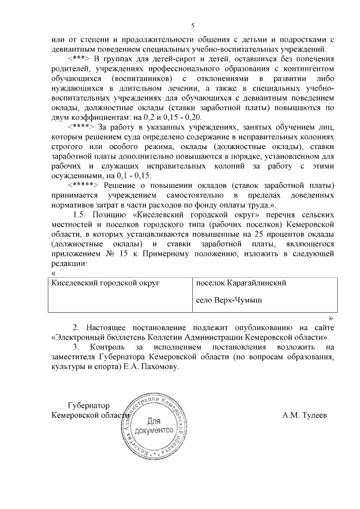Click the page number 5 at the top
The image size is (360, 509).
click(192, 25)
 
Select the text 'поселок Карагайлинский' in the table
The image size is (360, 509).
click(241, 283)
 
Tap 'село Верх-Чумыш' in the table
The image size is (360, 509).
click(229, 300)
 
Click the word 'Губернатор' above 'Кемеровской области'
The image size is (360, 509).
click(88, 406)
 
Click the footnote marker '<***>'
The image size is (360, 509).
click(79, 59)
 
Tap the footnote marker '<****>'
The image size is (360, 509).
click(82, 126)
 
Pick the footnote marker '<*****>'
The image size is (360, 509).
click(83, 186)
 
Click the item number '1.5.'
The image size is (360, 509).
click(83, 215)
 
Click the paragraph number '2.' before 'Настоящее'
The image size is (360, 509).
click(76, 327)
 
